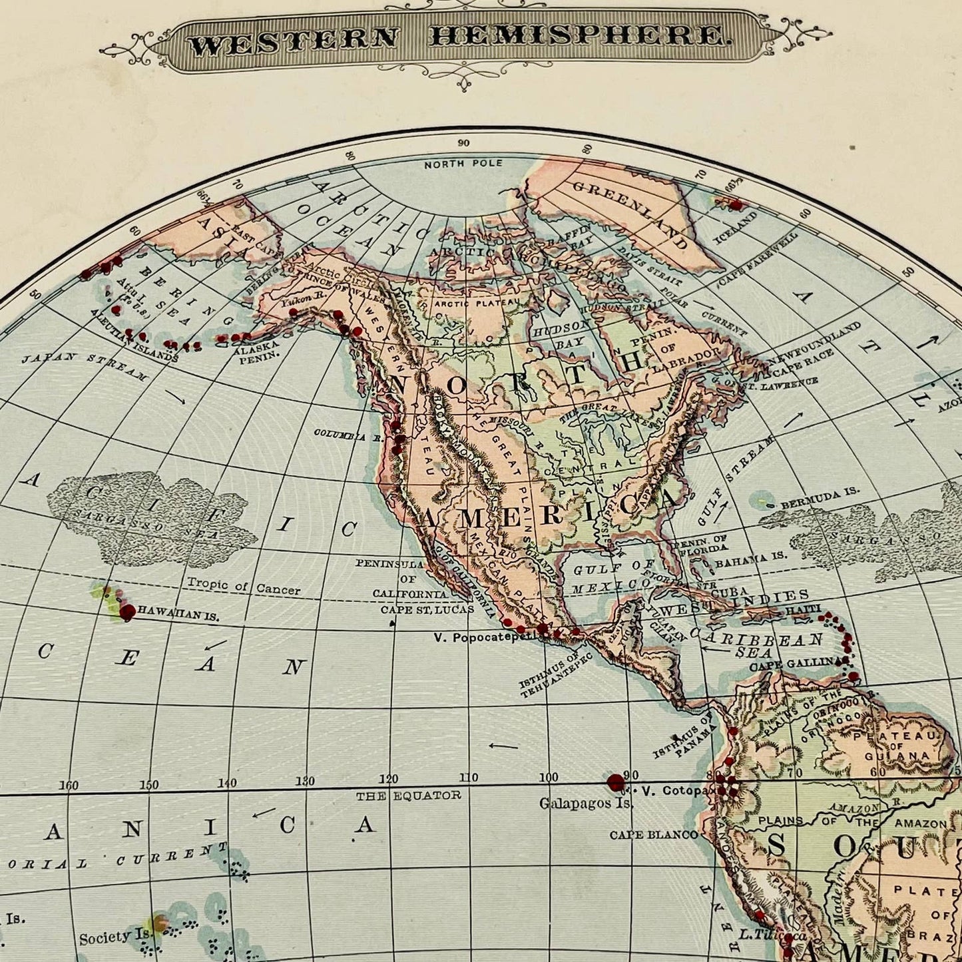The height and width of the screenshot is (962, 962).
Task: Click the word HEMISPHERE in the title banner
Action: pos(577,36)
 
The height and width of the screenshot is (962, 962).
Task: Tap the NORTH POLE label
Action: pos(463,164)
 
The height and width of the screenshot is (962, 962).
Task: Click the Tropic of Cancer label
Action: pos(243,587)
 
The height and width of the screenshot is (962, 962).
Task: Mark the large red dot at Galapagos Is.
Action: pos(616,782)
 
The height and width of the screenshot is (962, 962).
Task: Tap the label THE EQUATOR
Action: pos(407,796)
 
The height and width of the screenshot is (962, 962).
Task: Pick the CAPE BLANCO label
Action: pos(654,835)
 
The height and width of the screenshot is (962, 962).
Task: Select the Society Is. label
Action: pos(114,937)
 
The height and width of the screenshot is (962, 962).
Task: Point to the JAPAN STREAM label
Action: pos(85,366)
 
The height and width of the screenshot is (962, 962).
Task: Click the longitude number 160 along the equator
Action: pos(69,785)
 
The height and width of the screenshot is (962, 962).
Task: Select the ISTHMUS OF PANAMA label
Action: pos(682,739)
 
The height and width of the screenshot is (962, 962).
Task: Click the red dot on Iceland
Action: pos(735,204)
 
